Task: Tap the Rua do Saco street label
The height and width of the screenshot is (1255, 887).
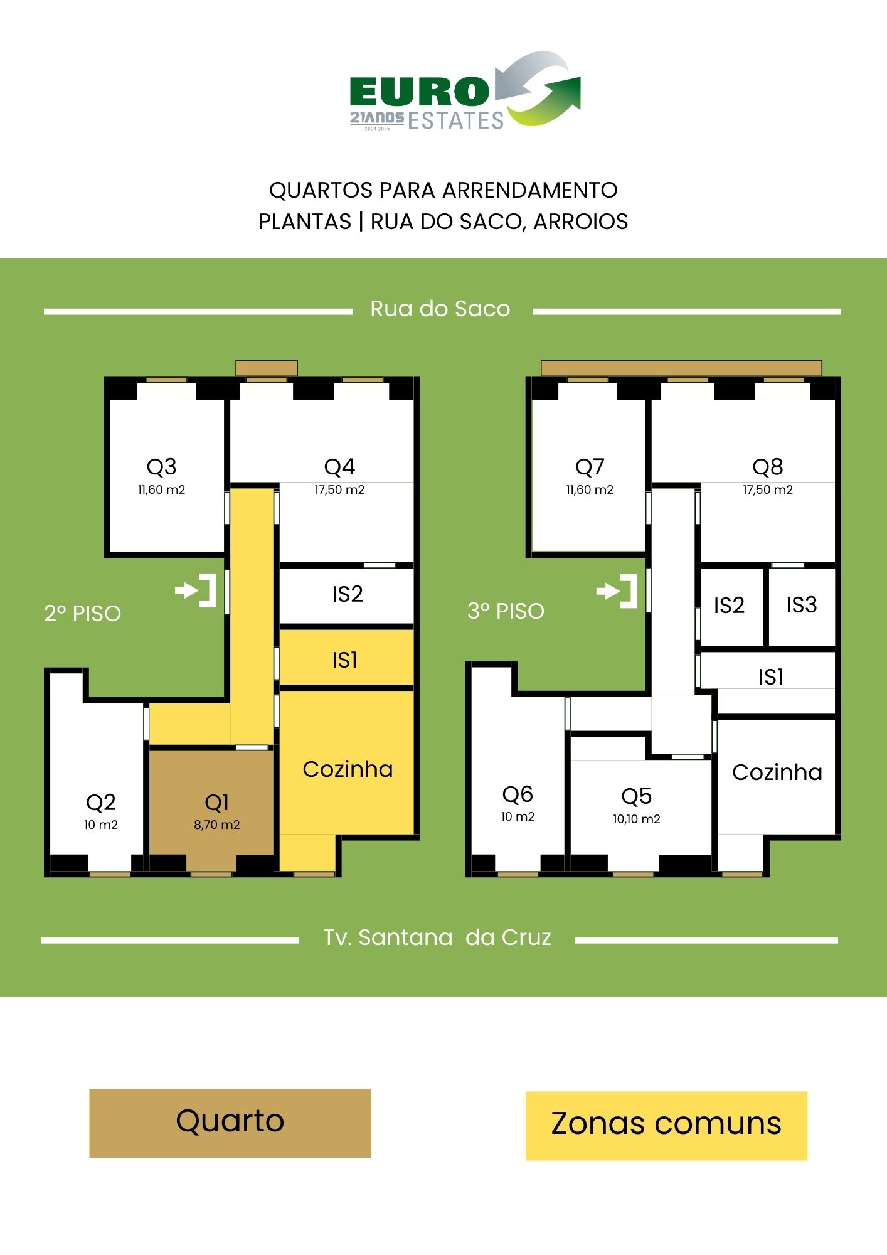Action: coord(440,309)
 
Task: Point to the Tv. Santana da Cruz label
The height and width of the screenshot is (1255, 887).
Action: coord(437,937)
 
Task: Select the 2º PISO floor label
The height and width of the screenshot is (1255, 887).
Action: coord(82,613)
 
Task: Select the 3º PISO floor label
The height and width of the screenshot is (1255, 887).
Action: coord(506,611)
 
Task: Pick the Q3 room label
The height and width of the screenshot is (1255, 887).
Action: coord(161,467)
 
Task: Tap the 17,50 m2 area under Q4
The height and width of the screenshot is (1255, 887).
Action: coord(339,490)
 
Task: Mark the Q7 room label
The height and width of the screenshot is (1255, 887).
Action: coord(590,467)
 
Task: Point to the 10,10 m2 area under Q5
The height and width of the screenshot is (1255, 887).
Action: coord(637,819)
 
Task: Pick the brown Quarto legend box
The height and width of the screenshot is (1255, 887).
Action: coord(230,1123)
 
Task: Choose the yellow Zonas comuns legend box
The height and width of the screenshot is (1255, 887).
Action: coord(666,1126)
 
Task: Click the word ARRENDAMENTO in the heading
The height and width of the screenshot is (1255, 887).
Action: coord(530,190)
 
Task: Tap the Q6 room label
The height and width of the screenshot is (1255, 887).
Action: coord(518,794)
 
